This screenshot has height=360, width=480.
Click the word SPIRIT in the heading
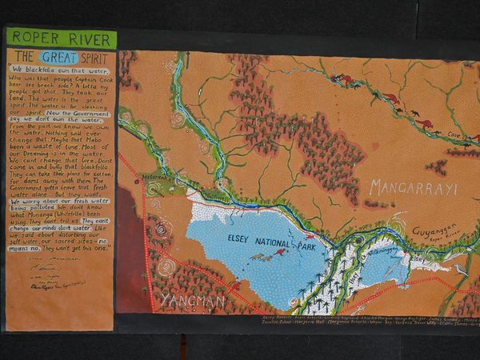tap(98, 57)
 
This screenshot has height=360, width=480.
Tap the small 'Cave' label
tap(454, 135)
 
